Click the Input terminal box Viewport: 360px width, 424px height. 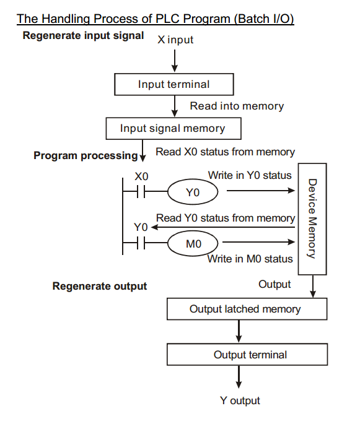pos(174,84)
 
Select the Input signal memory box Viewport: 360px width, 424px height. pos(172,129)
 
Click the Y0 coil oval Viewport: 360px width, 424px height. pos(193,193)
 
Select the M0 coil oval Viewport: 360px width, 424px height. pos(193,244)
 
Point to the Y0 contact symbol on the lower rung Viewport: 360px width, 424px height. pos(141,244)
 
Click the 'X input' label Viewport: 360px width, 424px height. pos(175,40)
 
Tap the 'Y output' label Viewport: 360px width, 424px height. pos(240,400)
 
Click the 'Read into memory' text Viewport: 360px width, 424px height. pos(237,106)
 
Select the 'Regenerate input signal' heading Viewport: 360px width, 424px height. pos(83,35)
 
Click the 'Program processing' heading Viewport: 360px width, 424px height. pos(86,155)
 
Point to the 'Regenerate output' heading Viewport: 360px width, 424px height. pos(100,286)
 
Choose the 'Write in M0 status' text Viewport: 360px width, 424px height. pos(250,259)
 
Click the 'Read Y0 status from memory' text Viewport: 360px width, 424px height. pos(226,218)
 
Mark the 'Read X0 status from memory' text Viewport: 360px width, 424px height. pos(225,152)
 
